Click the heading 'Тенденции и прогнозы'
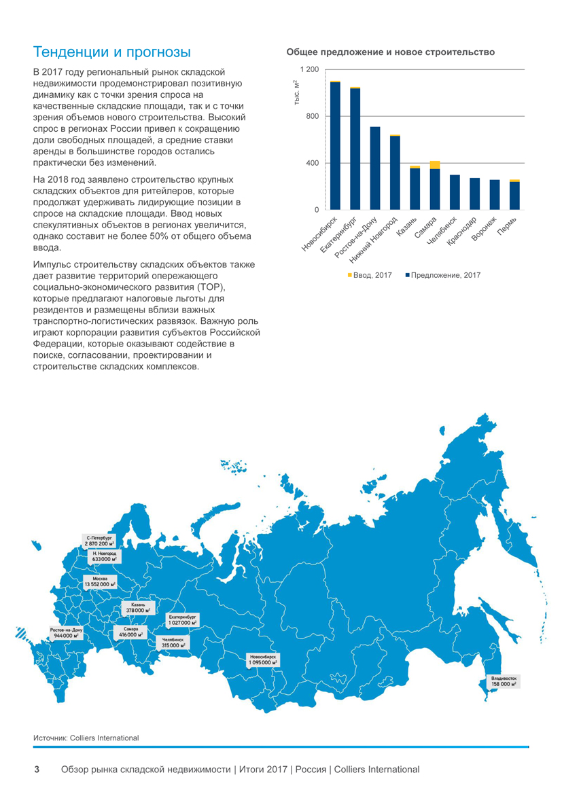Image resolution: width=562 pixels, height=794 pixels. pyautogui.click(x=112, y=52)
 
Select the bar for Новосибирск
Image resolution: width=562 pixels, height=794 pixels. pyautogui.click(x=335, y=146)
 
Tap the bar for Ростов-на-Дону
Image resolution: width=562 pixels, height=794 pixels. pyautogui.click(x=375, y=168)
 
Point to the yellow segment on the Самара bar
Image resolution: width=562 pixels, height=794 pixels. pyautogui.click(x=435, y=165)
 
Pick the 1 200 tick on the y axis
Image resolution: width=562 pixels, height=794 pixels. pyautogui.click(x=309, y=70)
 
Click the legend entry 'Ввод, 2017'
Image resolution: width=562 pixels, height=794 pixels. pyautogui.click(x=370, y=275)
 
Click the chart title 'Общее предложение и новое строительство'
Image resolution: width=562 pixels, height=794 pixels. pyautogui.click(x=390, y=52)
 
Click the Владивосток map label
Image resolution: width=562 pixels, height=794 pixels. pyautogui.click(x=504, y=681)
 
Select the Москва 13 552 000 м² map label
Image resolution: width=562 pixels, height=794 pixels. pyautogui.click(x=100, y=581)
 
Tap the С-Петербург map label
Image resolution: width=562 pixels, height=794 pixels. pyautogui.click(x=99, y=541)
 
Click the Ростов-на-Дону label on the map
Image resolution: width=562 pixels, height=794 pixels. pyautogui.click(x=67, y=633)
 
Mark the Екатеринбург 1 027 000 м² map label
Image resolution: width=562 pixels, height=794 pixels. pyautogui.click(x=182, y=619)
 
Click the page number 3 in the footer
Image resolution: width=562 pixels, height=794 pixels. pyautogui.click(x=37, y=770)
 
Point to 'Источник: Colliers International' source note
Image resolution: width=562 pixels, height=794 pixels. pyautogui.click(x=86, y=738)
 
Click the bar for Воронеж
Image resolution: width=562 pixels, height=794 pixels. pyautogui.click(x=494, y=194)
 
